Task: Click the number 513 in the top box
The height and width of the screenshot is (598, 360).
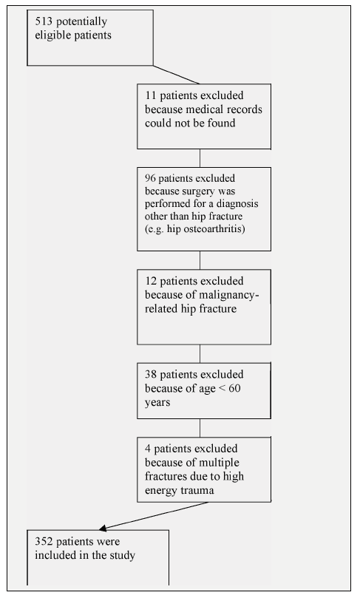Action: click(x=44, y=21)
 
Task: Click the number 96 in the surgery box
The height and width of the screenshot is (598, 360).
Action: click(x=150, y=178)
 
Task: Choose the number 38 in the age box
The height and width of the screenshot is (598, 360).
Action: click(x=151, y=375)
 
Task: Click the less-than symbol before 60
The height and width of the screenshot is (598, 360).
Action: click(x=223, y=389)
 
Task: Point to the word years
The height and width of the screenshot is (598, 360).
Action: click(x=157, y=403)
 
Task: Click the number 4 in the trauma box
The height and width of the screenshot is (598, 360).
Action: click(x=148, y=449)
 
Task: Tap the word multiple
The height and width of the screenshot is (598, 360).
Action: click(x=220, y=463)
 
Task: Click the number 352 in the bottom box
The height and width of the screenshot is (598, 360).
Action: click(x=44, y=542)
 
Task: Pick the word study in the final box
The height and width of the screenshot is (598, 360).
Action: click(x=123, y=556)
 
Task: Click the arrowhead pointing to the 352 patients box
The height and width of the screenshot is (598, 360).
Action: click(x=103, y=528)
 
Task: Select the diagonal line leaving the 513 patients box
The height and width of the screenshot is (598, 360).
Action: click(x=176, y=75)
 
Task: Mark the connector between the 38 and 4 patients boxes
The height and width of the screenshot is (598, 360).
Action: click(x=200, y=428)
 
